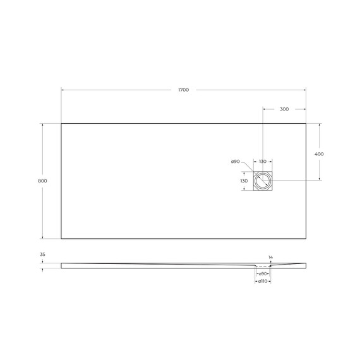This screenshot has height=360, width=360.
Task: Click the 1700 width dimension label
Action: (x=183, y=90)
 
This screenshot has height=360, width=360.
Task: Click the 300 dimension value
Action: (x=284, y=109)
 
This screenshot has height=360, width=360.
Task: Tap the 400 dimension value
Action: (x=319, y=154)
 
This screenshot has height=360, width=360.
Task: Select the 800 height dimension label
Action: (x=42, y=181)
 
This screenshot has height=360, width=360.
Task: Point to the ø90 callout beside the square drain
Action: (x=235, y=162)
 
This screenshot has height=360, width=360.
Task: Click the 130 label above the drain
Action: (x=263, y=162)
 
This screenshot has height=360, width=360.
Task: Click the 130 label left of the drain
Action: (x=244, y=181)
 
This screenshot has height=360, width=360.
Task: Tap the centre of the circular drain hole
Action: (x=263, y=181)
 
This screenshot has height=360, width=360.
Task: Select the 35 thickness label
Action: (x=42, y=255)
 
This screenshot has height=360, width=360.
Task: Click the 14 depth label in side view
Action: (x=271, y=257)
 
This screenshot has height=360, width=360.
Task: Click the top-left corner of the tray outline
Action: (x=61, y=123)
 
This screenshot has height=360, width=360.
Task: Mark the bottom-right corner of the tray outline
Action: (x=306, y=239)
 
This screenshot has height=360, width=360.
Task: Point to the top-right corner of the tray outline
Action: (x=306, y=123)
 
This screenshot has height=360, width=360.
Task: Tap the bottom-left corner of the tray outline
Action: (x=61, y=239)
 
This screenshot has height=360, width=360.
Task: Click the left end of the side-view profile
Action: (x=62, y=265)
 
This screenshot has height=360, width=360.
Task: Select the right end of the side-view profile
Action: (x=306, y=265)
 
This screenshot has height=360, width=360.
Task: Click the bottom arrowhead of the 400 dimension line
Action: (x=319, y=180)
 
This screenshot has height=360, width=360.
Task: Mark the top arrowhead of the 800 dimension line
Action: (x=42, y=124)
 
